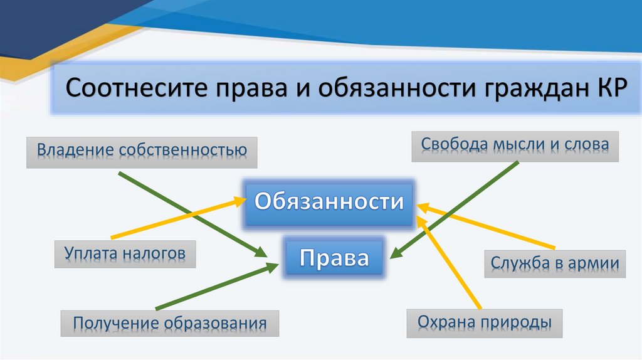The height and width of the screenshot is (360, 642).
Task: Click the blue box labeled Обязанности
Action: click(329, 202)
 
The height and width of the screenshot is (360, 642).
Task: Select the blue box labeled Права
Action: click(334, 257)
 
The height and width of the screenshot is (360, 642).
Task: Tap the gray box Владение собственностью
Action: click(142, 151)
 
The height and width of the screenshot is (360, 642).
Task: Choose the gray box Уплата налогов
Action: click(125, 253)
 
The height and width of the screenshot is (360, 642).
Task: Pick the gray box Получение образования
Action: click(169, 324)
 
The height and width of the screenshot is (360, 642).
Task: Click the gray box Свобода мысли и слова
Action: click(514, 145)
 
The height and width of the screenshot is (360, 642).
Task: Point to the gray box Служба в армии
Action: click(555, 263)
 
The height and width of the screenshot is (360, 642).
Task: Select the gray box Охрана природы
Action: click(485, 323)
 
